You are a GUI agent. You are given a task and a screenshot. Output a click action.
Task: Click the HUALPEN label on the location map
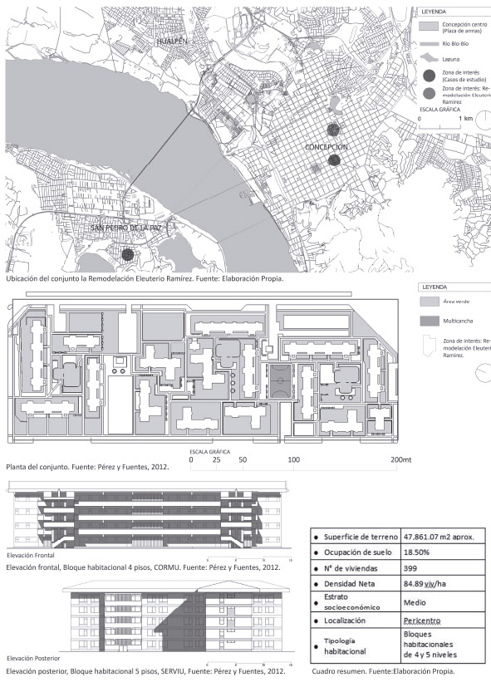[x=176, y=39]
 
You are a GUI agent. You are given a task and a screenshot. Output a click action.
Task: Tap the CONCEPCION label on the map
[x=327, y=146]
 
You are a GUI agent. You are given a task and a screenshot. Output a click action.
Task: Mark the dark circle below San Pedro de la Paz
[x=127, y=255]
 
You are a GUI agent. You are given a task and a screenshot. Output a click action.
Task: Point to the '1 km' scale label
[x=465, y=120]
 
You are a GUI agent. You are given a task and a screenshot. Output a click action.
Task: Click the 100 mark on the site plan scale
[x=293, y=459]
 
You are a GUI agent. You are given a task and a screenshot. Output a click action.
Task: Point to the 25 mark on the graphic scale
[x=216, y=459]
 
